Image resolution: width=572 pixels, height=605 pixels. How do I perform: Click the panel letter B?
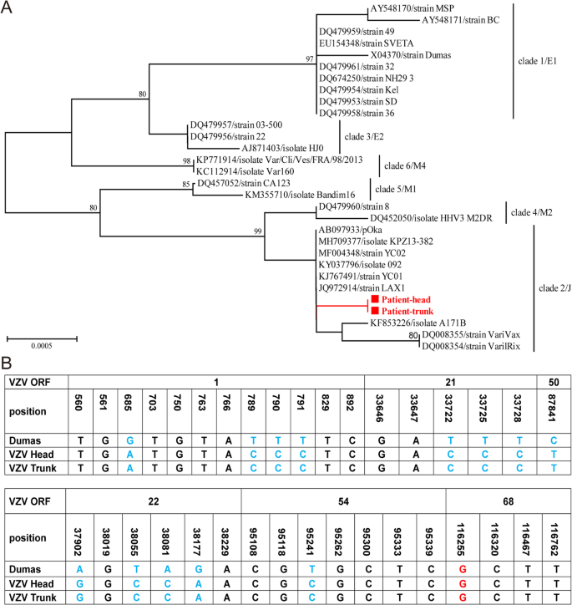pyautogui.click(x=8, y=365)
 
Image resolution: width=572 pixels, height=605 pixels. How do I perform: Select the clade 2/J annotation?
pyautogui.click(x=551, y=287)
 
